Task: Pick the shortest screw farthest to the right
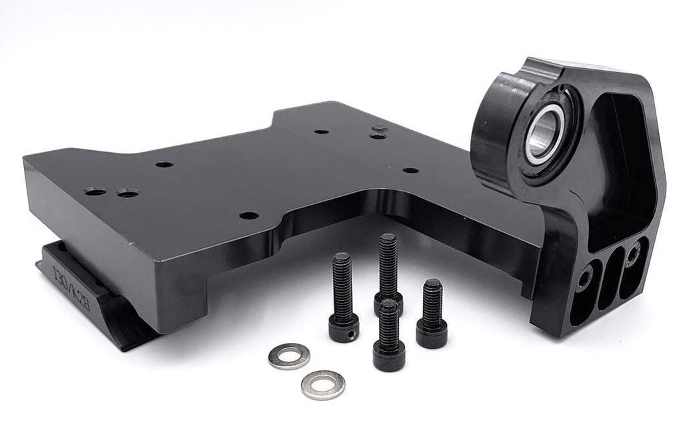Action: pos(432,314)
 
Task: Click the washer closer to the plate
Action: pos(289,356)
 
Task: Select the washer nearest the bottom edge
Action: pos(323,385)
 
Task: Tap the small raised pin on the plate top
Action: pos(380,128)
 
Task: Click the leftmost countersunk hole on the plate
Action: pos(95,191)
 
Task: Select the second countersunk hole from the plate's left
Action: pos(127,193)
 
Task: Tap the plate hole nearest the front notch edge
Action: pos(249,215)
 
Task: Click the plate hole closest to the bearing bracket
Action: pos(411,170)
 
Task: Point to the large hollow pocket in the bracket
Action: pos(617,167)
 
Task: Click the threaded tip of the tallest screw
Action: pos(388,238)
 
